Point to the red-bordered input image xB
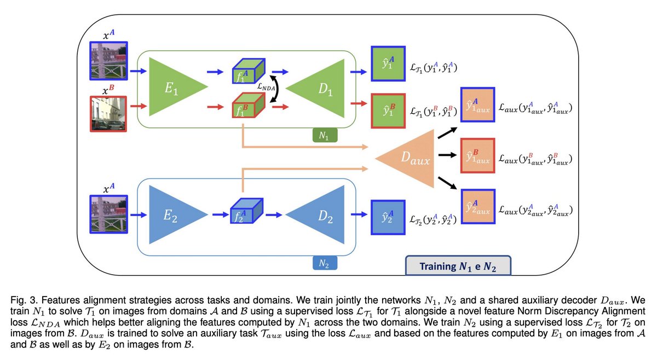[108, 114]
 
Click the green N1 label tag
[325, 136]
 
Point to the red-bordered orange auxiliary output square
[477, 156]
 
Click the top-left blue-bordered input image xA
[108, 61]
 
